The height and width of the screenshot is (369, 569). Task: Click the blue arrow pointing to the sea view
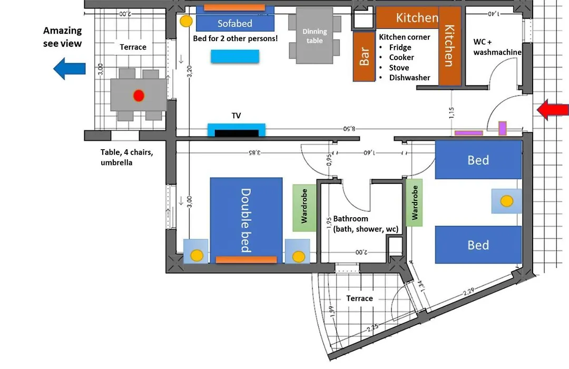click(x=70, y=69)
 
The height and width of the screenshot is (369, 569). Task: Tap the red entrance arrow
click(x=552, y=110)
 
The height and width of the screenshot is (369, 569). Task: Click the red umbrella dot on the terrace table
click(x=139, y=95)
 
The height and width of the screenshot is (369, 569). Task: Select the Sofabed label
click(x=235, y=24)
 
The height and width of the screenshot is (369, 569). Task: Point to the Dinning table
click(x=315, y=36)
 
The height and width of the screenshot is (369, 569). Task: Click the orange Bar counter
click(x=364, y=56)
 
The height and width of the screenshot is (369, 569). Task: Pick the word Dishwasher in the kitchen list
click(x=410, y=77)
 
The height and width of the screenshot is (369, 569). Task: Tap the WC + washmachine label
click(x=497, y=47)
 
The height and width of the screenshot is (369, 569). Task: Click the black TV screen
click(x=237, y=133)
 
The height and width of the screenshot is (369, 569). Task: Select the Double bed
click(x=246, y=220)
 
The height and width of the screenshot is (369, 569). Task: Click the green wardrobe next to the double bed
click(x=304, y=208)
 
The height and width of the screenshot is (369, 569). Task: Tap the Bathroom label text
click(x=350, y=219)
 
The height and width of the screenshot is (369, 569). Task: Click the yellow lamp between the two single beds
click(x=507, y=201)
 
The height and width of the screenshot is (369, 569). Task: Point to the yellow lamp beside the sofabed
click(x=186, y=21)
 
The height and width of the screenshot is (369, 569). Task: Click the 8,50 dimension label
click(x=349, y=129)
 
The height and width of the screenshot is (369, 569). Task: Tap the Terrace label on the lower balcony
click(x=359, y=298)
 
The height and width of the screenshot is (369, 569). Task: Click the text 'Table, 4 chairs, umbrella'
click(x=126, y=157)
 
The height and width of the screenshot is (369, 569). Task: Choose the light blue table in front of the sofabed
click(x=235, y=56)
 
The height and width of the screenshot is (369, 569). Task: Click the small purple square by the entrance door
click(x=502, y=129)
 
